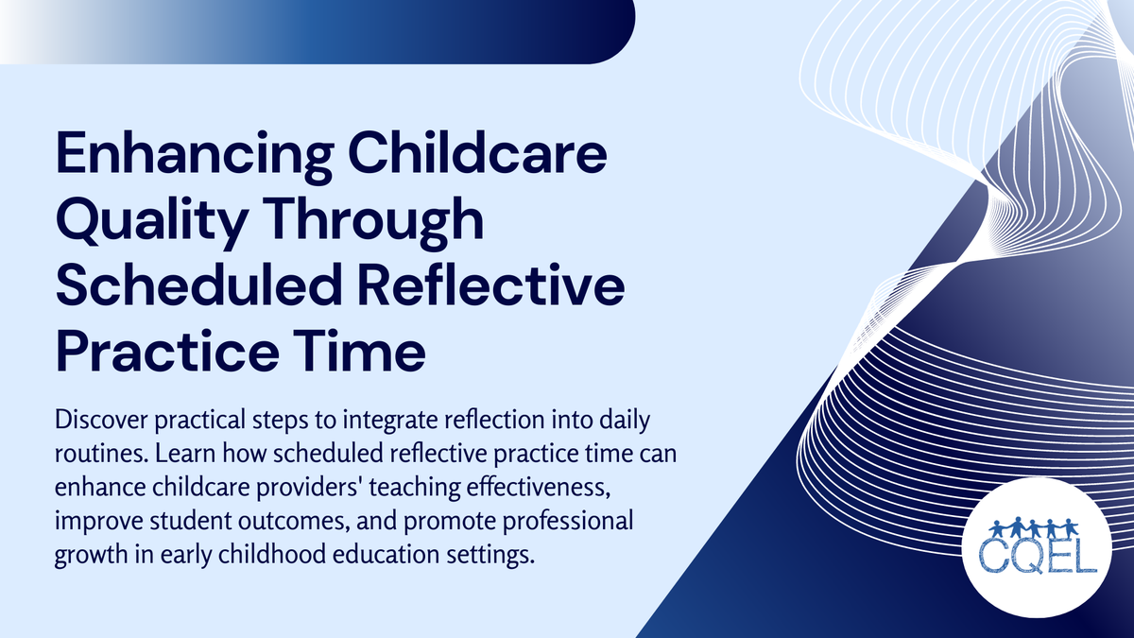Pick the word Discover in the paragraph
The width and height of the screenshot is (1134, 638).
95,417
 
